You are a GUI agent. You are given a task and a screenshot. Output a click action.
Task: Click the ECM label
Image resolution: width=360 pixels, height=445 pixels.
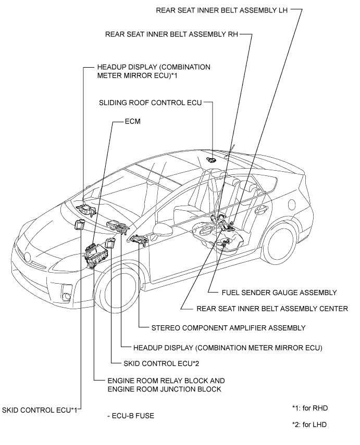pos(132,121)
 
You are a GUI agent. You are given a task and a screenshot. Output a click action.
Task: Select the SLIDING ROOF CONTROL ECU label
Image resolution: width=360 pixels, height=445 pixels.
pos(151,103)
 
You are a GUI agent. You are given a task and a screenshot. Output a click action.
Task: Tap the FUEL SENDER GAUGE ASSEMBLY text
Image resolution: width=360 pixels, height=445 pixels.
pos(279,293)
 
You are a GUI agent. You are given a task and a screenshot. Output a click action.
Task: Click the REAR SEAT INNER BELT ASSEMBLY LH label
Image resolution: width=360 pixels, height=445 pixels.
pos(222,10)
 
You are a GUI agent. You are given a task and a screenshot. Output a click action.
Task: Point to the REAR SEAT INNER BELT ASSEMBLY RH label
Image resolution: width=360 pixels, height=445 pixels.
pos(171,34)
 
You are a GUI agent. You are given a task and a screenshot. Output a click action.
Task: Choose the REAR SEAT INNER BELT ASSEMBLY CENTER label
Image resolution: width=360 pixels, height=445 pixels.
pos(272,309)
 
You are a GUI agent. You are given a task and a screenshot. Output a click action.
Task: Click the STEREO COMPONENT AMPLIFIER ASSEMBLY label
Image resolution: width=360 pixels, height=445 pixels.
pos(228,328)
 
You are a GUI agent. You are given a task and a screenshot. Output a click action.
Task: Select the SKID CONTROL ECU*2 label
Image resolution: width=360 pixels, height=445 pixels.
pos(161,364)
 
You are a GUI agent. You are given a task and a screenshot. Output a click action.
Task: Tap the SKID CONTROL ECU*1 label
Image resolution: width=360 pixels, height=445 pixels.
pos(40,410)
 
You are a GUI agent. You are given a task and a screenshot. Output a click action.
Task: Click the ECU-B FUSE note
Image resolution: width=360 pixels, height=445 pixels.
pos(131,416)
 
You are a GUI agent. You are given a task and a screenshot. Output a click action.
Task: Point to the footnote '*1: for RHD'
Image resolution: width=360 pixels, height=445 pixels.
pos(309,409)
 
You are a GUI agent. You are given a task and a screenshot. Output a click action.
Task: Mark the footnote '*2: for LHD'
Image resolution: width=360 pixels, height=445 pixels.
pos(309,425)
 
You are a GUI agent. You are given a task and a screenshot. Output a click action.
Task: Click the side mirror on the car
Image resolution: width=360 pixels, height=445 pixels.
pos(162,230)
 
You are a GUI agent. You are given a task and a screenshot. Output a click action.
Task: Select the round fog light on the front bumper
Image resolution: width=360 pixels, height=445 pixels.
pos(67,297)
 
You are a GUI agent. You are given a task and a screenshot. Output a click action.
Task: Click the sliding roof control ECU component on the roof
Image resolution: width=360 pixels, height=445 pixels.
pos(210,160)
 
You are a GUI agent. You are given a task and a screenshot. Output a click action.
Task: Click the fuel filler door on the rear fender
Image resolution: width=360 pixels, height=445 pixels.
pos(292,205)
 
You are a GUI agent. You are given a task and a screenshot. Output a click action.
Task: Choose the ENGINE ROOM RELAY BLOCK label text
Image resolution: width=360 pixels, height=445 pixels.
pos(166,381)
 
